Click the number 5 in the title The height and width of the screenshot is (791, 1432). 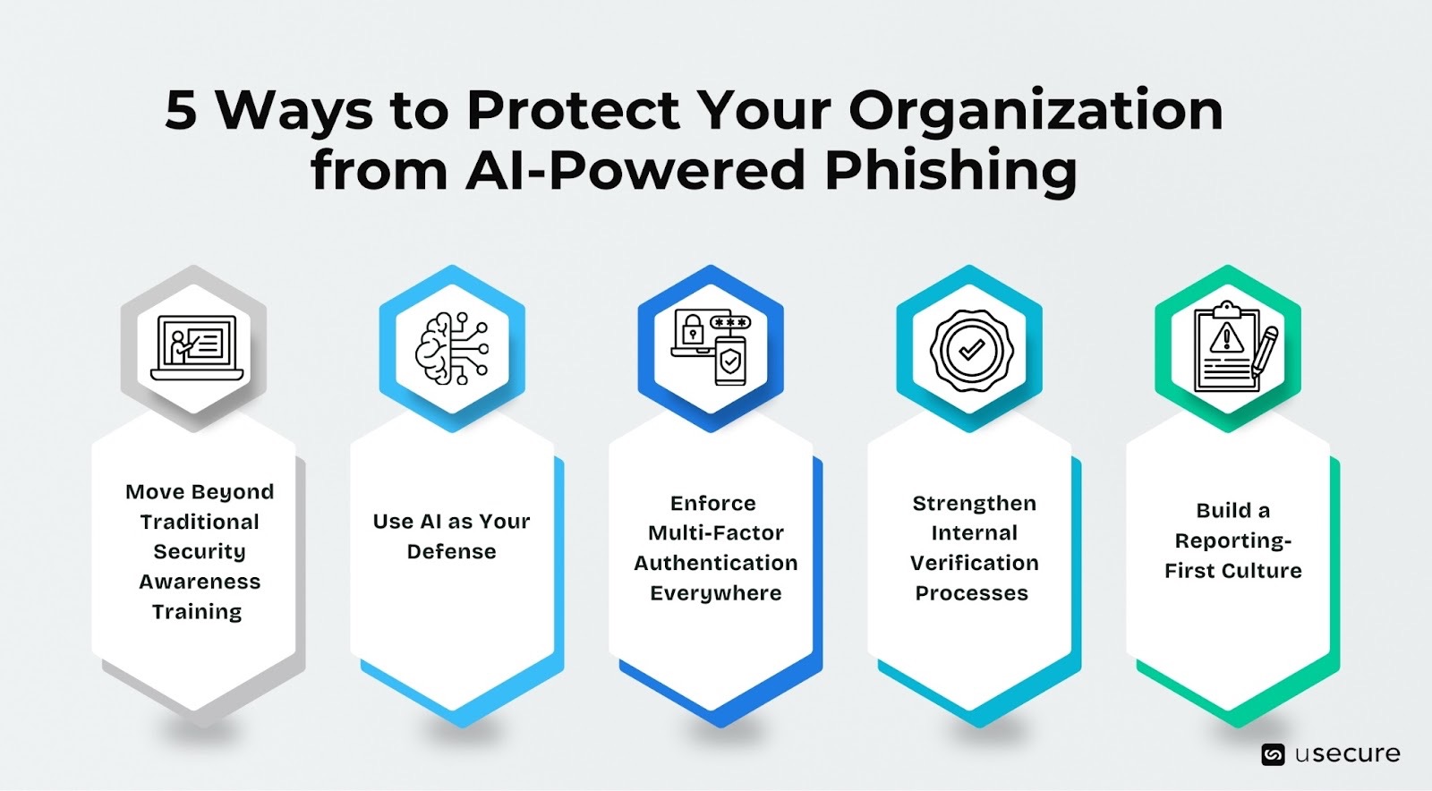(x=181, y=112)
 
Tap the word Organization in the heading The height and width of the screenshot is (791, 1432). (x=1036, y=112)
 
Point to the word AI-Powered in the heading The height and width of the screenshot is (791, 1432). (x=635, y=170)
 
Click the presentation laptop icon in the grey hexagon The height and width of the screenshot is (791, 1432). (x=197, y=348)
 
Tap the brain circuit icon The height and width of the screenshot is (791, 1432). (x=452, y=349)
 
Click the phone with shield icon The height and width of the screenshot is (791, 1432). (x=730, y=361)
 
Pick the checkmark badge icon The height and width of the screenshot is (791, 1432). (x=972, y=350)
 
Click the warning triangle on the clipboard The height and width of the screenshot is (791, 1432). (x=1225, y=338)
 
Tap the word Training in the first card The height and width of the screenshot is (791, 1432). (x=197, y=612)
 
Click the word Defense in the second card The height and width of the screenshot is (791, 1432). (x=451, y=552)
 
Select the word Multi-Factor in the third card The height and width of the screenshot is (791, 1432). (x=715, y=533)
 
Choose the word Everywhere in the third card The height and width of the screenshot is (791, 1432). (x=715, y=593)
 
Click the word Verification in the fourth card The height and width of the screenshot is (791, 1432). (x=974, y=563)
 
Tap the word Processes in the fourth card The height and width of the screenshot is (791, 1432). (x=971, y=593)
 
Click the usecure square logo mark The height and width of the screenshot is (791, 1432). (x=1272, y=755)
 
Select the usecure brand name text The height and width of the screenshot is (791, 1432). (x=1347, y=754)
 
